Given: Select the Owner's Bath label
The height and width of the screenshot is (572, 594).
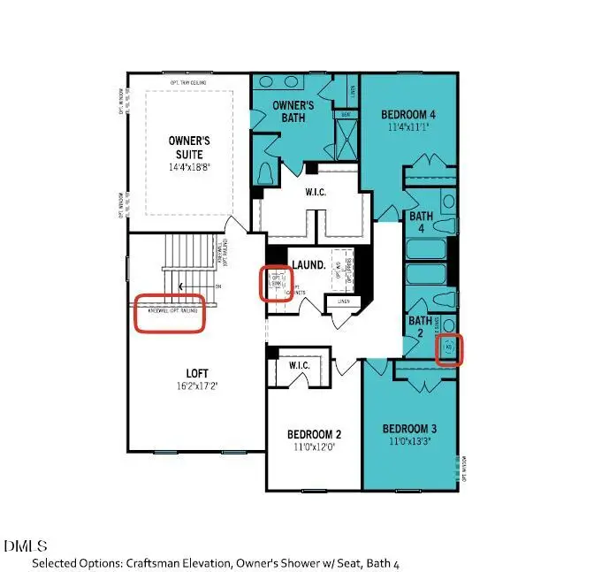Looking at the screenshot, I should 281,111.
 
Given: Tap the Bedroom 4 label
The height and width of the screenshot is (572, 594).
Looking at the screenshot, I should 408,115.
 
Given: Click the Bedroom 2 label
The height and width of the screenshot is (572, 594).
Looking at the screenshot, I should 314,434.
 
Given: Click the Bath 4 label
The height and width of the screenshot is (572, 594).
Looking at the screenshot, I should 417,222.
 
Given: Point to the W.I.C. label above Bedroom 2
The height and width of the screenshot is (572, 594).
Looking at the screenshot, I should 293,365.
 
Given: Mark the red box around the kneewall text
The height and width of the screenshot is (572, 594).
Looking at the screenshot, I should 169,313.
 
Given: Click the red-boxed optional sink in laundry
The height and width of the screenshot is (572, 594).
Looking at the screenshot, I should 276,283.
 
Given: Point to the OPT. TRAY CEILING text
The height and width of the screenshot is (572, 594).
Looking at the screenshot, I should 188,83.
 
